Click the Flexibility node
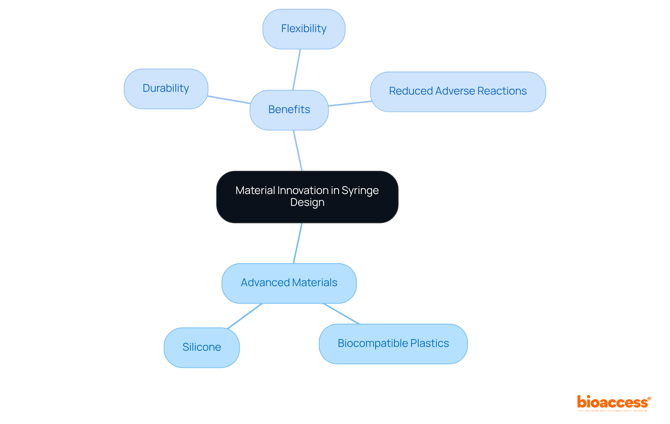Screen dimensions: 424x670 [304, 29]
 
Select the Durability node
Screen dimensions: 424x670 [166, 89]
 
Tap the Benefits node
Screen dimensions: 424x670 [289, 110]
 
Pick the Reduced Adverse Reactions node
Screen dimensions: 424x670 [457, 91]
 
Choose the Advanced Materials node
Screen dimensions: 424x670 [289, 283]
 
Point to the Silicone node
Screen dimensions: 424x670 [201, 347]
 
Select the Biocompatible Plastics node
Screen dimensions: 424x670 [393, 344]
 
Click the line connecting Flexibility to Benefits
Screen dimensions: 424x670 [297, 69]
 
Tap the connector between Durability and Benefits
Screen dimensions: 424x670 [229, 100]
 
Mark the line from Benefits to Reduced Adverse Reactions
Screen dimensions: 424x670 [350, 104]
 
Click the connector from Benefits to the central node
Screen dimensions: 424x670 [298, 150]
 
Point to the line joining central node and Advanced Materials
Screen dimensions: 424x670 [298, 243]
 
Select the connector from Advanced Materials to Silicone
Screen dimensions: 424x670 [245, 316]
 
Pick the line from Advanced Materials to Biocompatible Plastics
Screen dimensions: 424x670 [341, 314]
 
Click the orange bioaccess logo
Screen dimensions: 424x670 [613, 403]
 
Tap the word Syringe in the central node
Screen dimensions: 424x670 [360, 191]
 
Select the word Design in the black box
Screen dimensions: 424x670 [307, 202]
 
